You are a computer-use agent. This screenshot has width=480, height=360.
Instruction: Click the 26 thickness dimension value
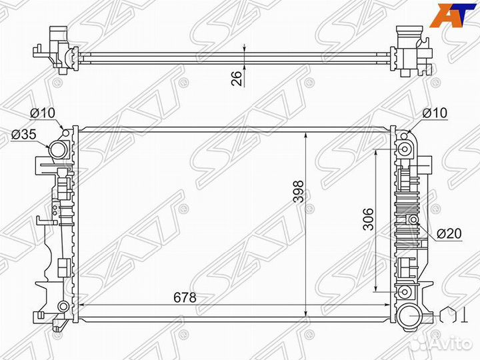236,77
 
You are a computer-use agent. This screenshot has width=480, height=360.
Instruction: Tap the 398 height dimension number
298,192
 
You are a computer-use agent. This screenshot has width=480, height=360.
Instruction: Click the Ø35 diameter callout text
23,135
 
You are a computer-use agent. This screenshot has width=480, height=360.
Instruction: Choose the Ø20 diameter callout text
450,233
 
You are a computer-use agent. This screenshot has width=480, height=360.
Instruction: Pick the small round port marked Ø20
413,220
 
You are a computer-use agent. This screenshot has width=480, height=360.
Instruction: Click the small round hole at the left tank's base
63,306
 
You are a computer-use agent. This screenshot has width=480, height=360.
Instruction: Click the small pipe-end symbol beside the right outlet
451,314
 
